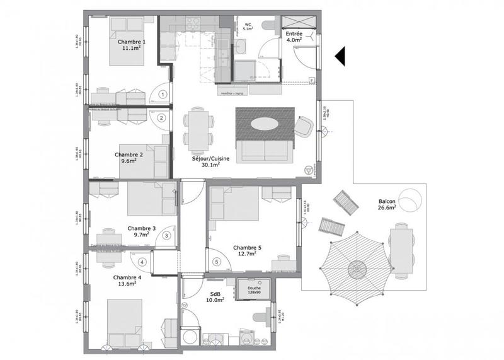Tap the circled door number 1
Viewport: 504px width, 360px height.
(163, 95)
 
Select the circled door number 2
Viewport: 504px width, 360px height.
(161, 117)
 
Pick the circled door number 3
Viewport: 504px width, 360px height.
(166, 236)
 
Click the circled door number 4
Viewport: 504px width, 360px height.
(143, 262)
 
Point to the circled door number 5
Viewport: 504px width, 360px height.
(217, 262)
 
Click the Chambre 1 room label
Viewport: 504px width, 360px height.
(132, 42)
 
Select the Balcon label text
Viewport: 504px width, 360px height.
(386, 202)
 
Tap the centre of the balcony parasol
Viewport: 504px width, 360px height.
(357, 268)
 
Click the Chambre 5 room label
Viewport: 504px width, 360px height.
(248, 248)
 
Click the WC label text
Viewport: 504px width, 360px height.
(248, 25)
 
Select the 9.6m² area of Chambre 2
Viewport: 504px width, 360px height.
(129, 161)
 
